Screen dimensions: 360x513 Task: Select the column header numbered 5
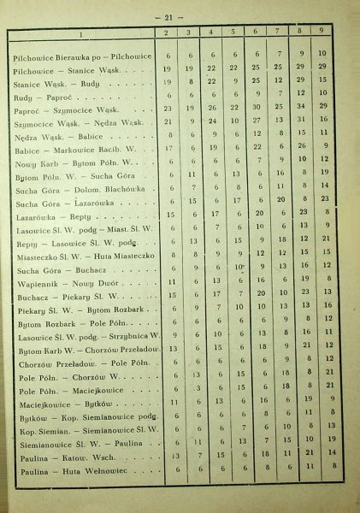coord(233,33)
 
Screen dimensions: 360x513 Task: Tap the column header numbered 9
coord(322,33)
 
